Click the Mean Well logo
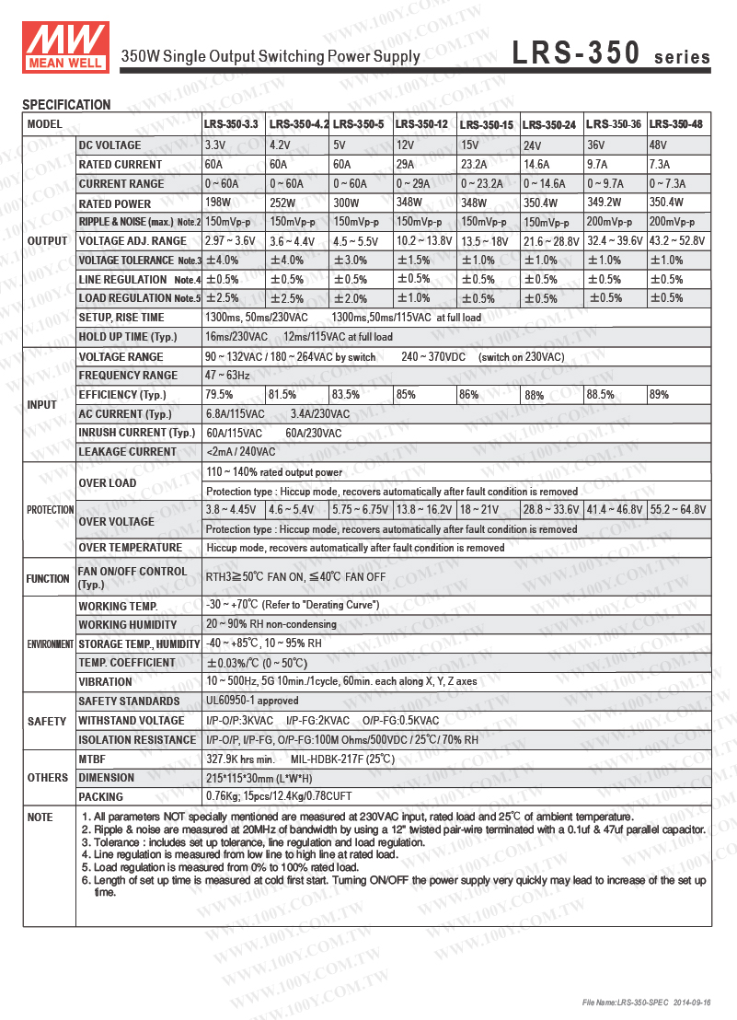(x=64, y=43)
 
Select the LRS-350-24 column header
(x=549, y=124)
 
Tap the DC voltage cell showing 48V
(x=659, y=145)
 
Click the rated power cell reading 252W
(x=282, y=203)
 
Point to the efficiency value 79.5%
(x=219, y=395)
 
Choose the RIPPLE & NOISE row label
(x=139, y=222)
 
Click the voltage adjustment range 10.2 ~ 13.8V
(x=423, y=241)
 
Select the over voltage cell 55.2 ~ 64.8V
(x=678, y=509)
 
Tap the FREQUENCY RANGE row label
(x=128, y=376)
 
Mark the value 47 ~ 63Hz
(x=226, y=376)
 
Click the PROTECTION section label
(x=50, y=510)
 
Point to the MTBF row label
(x=94, y=759)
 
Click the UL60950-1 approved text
(x=252, y=701)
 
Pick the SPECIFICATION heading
(x=66, y=105)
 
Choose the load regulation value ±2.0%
(x=350, y=298)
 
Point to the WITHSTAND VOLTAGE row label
(x=131, y=721)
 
